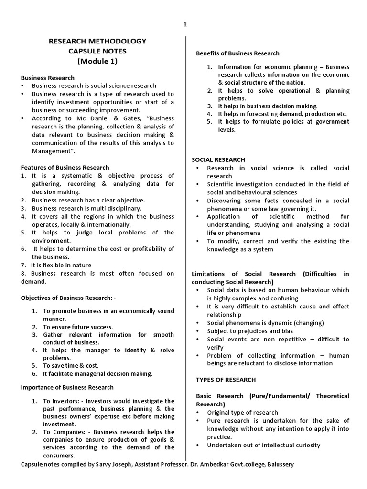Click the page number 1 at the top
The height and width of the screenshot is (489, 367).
(x=185, y=25)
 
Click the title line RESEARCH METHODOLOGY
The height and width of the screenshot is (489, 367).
(x=97, y=42)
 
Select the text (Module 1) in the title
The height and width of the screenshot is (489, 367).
(x=97, y=61)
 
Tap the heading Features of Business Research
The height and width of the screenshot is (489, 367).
(x=65, y=168)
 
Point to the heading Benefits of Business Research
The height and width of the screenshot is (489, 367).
(x=237, y=53)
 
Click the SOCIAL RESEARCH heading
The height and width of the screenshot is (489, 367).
(x=218, y=159)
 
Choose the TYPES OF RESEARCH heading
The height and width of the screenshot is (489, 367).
(x=226, y=380)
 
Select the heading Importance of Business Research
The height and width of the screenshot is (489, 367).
(x=67, y=387)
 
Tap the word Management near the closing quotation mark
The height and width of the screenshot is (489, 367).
(x=50, y=151)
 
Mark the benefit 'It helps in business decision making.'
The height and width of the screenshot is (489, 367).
(x=268, y=106)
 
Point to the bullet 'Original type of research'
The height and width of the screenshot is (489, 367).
(x=242, y=412)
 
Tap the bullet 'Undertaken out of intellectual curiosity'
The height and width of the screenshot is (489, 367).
(x=263, y=445)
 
